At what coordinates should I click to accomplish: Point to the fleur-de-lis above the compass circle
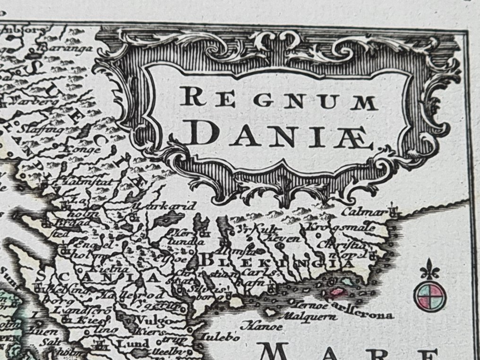(429, 270)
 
